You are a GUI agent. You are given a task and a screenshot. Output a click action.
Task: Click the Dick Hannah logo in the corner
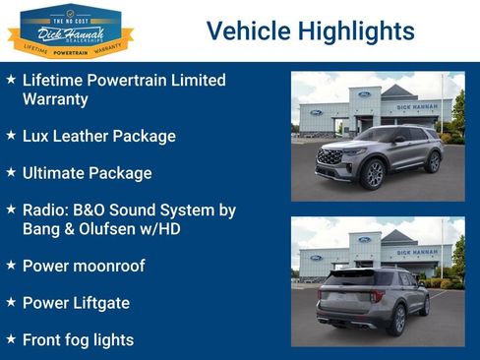(70, 30)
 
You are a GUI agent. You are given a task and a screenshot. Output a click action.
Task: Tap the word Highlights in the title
(360, 31)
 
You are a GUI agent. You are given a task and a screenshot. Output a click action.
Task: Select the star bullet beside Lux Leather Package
(11, 134)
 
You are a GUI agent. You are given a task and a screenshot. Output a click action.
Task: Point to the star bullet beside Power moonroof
(11, 264)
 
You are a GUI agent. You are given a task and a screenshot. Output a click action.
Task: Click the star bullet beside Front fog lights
(11, 338)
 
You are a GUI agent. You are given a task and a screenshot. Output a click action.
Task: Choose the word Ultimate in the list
(54, 173)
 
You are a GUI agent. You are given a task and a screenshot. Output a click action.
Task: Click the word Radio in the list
(43, 210)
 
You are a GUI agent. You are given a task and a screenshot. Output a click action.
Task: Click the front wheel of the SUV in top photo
(373, 174)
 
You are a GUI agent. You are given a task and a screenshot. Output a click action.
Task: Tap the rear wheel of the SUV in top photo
(433, 161)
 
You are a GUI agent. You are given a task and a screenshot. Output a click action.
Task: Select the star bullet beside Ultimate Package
(11, 171)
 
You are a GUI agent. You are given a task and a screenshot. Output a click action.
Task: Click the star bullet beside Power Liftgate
(11, 301)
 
